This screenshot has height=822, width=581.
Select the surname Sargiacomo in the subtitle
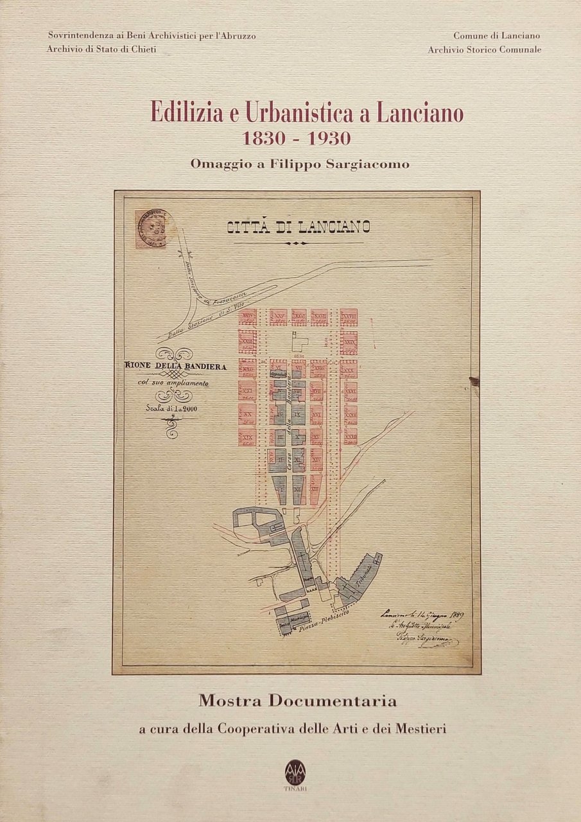370,164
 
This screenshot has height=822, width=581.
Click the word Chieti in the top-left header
143,49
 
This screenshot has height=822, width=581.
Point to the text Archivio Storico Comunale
484,49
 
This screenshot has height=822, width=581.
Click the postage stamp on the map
151,229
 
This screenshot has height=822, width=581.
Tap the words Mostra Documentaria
297,701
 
